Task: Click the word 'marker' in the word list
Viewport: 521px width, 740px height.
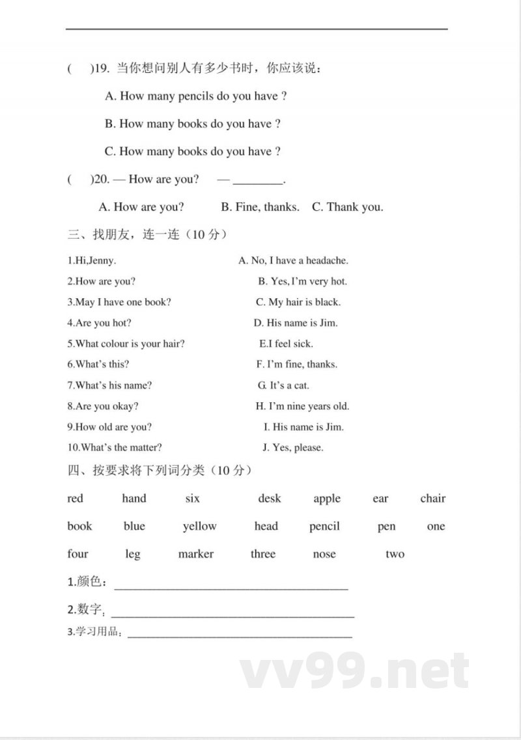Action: pyautogui.click(x=195, y=554)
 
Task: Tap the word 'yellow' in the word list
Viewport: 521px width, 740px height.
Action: pyautogui.click(x=199, y=527)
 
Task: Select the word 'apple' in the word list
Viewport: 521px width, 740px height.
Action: pyautogui.click(x=327, y=499)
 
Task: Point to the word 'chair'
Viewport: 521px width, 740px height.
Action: pyautogui.click(x=432, y=499)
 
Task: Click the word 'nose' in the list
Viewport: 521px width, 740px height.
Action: pyautogui.click(x=324, y=554)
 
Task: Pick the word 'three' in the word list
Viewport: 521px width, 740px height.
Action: pyautogui.click(x=263, y=554)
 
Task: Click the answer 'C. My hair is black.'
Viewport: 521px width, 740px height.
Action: pyautogui.click(x=298, y=302)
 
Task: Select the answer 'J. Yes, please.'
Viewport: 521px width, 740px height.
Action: pyautogui.click(x=292, y=448)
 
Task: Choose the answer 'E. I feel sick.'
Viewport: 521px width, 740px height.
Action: pyautogui.click(x=286, y=344)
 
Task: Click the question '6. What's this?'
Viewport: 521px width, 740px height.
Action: pyautogui.click(x=98, y=364)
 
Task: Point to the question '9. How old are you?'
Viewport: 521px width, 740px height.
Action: pyautogui.click(x=109, y=427)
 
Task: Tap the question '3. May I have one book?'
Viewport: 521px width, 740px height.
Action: pyautogui.click(x=119, y=302)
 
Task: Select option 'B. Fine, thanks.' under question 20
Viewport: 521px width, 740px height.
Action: pyautogui.click(x=260, y=207)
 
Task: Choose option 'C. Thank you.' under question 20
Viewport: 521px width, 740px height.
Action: pyautogui.click(x=348, y=207)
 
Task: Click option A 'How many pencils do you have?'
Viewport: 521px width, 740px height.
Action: pyautogui.click(x=196, y=96)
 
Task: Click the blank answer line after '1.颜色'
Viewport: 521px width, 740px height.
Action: pyautogui.click(x=231, y=586)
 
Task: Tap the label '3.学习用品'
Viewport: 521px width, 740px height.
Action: pyautogui.click(x=95, y=632)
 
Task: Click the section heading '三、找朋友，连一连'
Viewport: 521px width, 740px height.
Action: pyautogui.click(x=147, y=234)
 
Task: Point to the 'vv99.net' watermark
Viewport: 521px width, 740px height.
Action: pyautogui.click(x=354, y=672)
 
